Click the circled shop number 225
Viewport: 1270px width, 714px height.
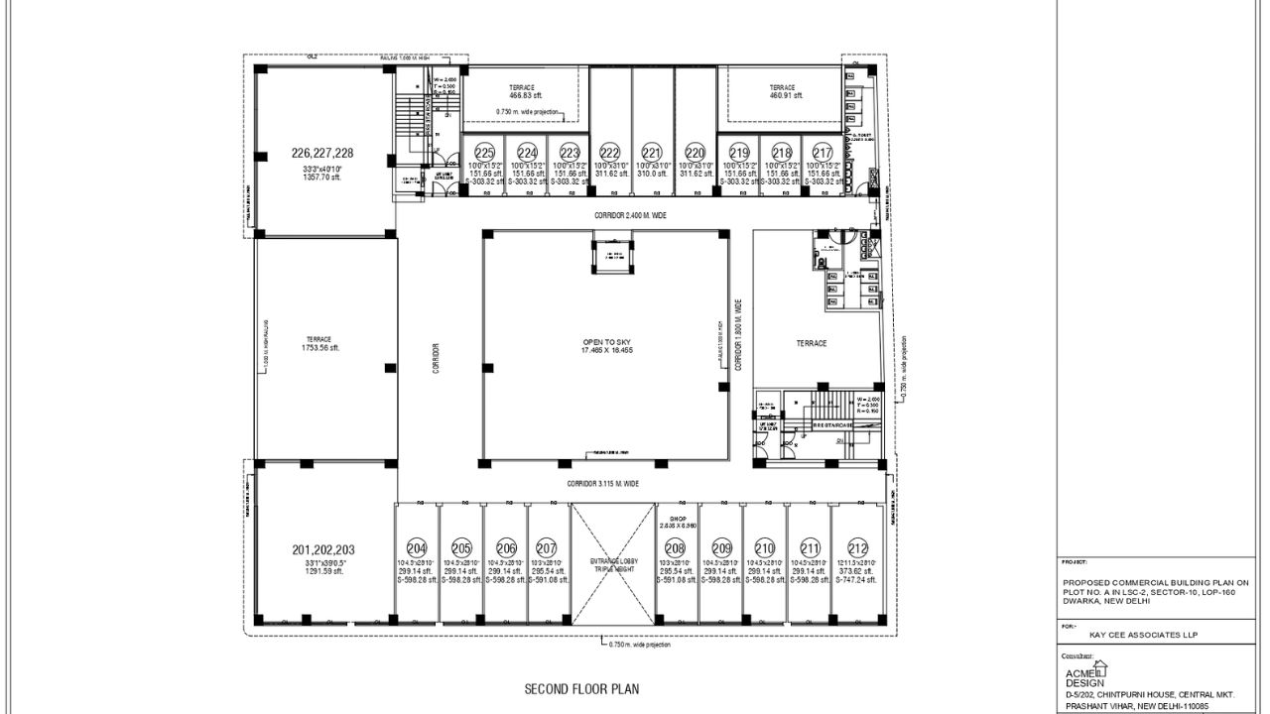pos(484,152)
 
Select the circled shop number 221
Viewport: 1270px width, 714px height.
pos(651,152)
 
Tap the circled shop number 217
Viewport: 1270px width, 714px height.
pos(823,152)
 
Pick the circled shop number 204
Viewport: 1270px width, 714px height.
pos(417,547)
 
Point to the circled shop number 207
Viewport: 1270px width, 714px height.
pos(547,547)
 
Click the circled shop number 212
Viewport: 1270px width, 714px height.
pos(857,547)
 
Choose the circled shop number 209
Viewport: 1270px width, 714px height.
pos(721,547)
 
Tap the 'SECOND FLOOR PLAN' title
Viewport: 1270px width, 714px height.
pos(581,687)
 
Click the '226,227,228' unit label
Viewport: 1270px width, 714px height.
pos(322,153)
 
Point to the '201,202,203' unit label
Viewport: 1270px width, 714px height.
pos(323,549)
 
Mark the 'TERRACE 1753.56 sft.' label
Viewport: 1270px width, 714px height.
pos(320,343)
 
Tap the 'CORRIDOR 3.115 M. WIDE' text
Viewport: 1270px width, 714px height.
pos(602,484)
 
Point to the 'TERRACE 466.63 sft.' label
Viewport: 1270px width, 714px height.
pos(522,91)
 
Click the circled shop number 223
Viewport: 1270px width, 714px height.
pos(569,152)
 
